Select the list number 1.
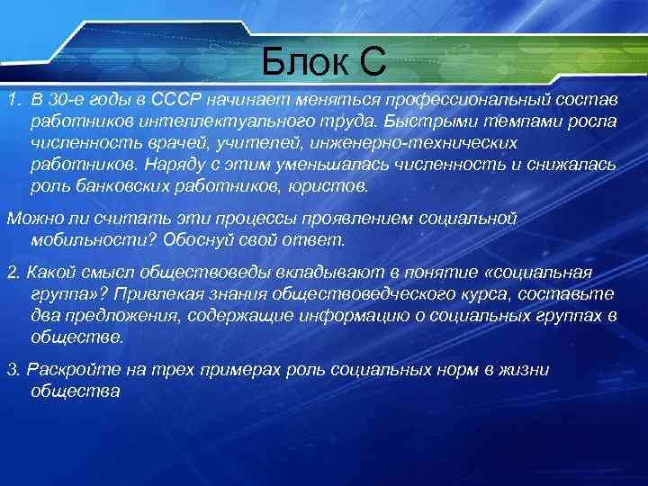(x=11, y=98)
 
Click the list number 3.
(x=12, y=370)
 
